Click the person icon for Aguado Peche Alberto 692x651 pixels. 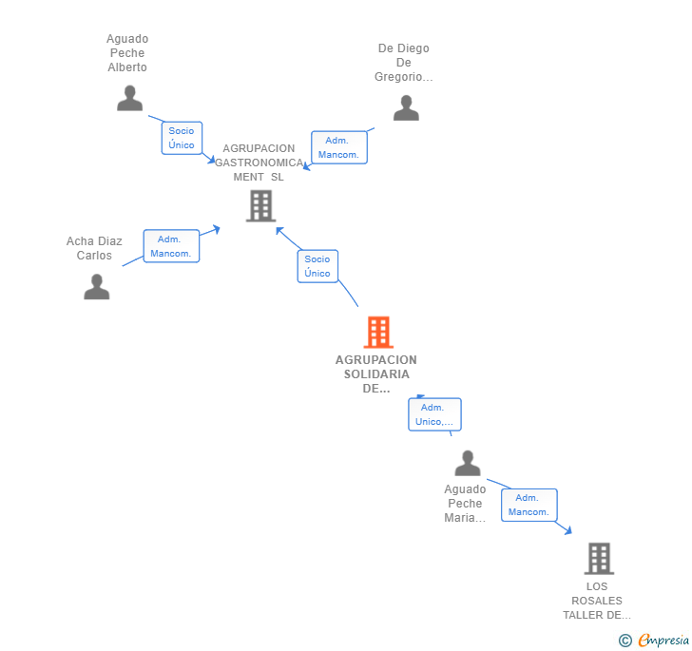129,98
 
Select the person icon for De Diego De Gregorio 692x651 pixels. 406,108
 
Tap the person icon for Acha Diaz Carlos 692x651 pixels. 97,286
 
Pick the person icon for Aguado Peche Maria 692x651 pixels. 468,464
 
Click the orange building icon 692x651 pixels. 378,333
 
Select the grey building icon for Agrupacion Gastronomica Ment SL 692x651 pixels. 260,205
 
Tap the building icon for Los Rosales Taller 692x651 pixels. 598,558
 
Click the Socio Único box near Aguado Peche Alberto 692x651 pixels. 182,138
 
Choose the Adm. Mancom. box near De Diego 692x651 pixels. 338,147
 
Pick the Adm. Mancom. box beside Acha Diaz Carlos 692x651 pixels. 171,246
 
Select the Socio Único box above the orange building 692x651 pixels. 317,266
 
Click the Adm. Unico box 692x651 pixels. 434,414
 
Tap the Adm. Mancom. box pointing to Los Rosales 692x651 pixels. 529,505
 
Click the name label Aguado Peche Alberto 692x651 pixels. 127,53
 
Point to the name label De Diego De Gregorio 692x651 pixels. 404,63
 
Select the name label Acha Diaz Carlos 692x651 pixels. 94,248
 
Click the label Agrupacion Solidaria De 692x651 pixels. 376,373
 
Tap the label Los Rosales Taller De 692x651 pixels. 597,601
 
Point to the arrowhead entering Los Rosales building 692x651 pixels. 567,531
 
